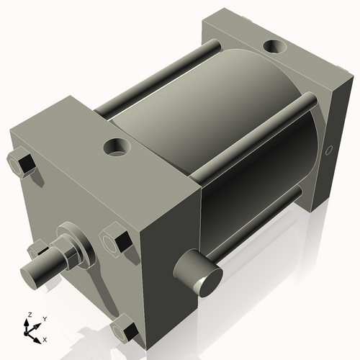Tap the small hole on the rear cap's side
pos(328,150)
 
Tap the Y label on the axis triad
pos(44,318)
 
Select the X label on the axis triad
pos(45,338)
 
